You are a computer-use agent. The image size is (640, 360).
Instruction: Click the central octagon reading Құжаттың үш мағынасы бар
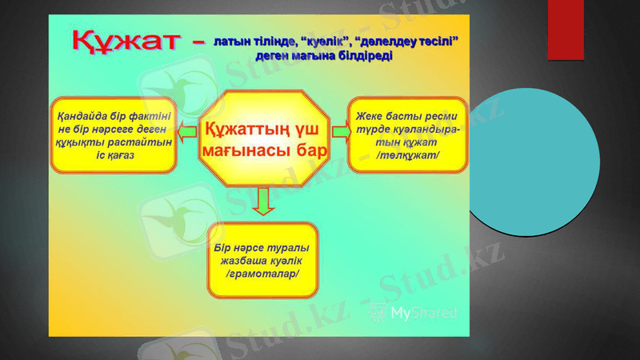click(x=263, y=138)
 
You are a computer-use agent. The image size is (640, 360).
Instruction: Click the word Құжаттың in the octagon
click(x=240, y=129)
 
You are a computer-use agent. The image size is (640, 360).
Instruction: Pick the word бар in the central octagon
click(x=311, y=150)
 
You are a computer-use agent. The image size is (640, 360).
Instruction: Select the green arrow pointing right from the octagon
click(x=340, y=131)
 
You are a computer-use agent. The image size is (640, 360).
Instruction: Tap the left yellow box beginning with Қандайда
click(x=114, y=135)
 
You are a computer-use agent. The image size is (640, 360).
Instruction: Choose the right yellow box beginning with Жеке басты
click(x=407, y=135)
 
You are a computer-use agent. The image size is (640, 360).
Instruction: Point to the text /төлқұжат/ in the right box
click(x=407, y=154)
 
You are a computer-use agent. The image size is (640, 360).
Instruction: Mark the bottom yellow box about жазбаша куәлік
click(x=262, y=261)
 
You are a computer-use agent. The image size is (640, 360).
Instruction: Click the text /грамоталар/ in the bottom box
click(x=262, y=274)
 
